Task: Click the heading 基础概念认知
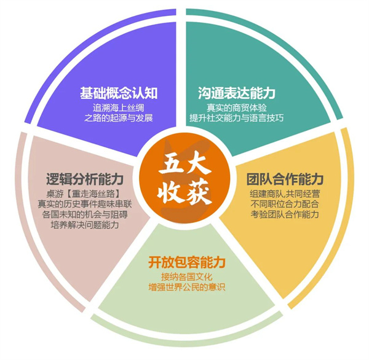coord(119,93)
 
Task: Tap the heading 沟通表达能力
coord(237,93)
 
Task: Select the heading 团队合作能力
coord(285,179)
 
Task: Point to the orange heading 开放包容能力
coord(187,262)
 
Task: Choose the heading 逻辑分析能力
coord(85,179)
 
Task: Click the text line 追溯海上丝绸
coord(118,108)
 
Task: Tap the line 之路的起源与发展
coord(119,118)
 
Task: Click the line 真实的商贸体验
coord(237,108)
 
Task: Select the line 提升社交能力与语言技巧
coord(237,118)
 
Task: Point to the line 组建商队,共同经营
coord(285,194)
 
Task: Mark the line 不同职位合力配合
coord(285,204)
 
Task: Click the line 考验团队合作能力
coord(285,214)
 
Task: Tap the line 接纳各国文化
coord(187,277)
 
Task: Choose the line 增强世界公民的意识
coord(187,287)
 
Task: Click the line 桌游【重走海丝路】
coord(85,194)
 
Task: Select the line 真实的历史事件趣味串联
coord(85,204)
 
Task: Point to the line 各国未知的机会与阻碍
coord(85,214)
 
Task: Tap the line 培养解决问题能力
coord(85,225)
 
